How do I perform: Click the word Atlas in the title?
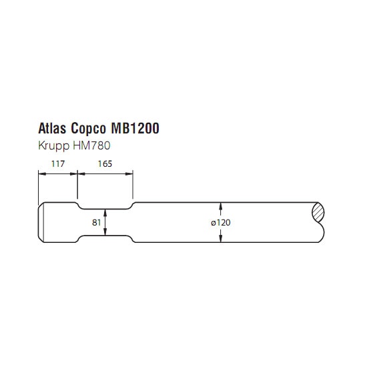[x=53, y=128]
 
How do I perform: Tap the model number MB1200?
[x=135, y=128]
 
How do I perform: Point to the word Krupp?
[x=54, y=146]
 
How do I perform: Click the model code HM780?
[x=91, y=145]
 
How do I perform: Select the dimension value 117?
[x=58, y=164]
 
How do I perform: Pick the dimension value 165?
[x=105, y=164]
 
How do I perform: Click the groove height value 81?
[x=97, y=222]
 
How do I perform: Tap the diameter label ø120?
[x=221, y=222]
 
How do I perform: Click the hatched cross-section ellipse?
[x=318, y=212]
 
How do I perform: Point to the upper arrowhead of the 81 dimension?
[x=105, y=212]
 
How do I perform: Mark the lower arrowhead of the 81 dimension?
[x=105, y=232]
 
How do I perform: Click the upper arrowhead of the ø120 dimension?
[x=221, y=206]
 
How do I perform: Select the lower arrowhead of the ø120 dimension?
[x=221, y=239]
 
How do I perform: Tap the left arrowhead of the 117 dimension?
[x=42, y=173]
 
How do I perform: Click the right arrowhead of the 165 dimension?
[x=129, y=173]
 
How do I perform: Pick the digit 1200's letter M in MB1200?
[x=116, y=128]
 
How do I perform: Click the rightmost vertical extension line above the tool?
[x=133, y=184]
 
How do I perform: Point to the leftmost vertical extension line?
[x=39, y=188]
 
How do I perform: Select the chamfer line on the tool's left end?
[x=43, y=222]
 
